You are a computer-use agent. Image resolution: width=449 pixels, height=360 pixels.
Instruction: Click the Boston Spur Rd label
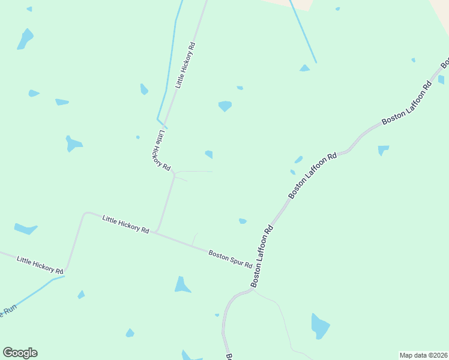point(231,260)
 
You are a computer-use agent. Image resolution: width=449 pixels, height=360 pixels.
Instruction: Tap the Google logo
point(20,353)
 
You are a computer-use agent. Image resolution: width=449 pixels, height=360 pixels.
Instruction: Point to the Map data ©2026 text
point(424,355)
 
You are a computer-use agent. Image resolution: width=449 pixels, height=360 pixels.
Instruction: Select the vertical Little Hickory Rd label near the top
point(185,65)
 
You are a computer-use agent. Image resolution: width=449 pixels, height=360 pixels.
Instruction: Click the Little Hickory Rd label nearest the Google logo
point(40,265)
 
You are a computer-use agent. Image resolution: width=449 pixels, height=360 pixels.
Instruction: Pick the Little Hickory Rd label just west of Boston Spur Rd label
point(125,224)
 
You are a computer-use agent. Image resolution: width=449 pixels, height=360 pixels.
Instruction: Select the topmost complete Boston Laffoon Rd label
point(407,103)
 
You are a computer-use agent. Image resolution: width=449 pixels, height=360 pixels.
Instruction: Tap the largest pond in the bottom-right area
point(320,326)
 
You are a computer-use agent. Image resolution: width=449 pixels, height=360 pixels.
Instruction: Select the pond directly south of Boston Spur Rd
point(182,284)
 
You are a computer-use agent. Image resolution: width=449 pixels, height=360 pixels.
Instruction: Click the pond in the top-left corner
point(25,38)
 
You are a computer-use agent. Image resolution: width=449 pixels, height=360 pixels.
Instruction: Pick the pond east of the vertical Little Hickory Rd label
point(225,106)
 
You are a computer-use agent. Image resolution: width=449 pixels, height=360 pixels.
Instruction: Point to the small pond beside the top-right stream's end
point(305,68)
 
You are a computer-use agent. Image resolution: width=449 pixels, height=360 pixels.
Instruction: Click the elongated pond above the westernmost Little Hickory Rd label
point(25,229)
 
